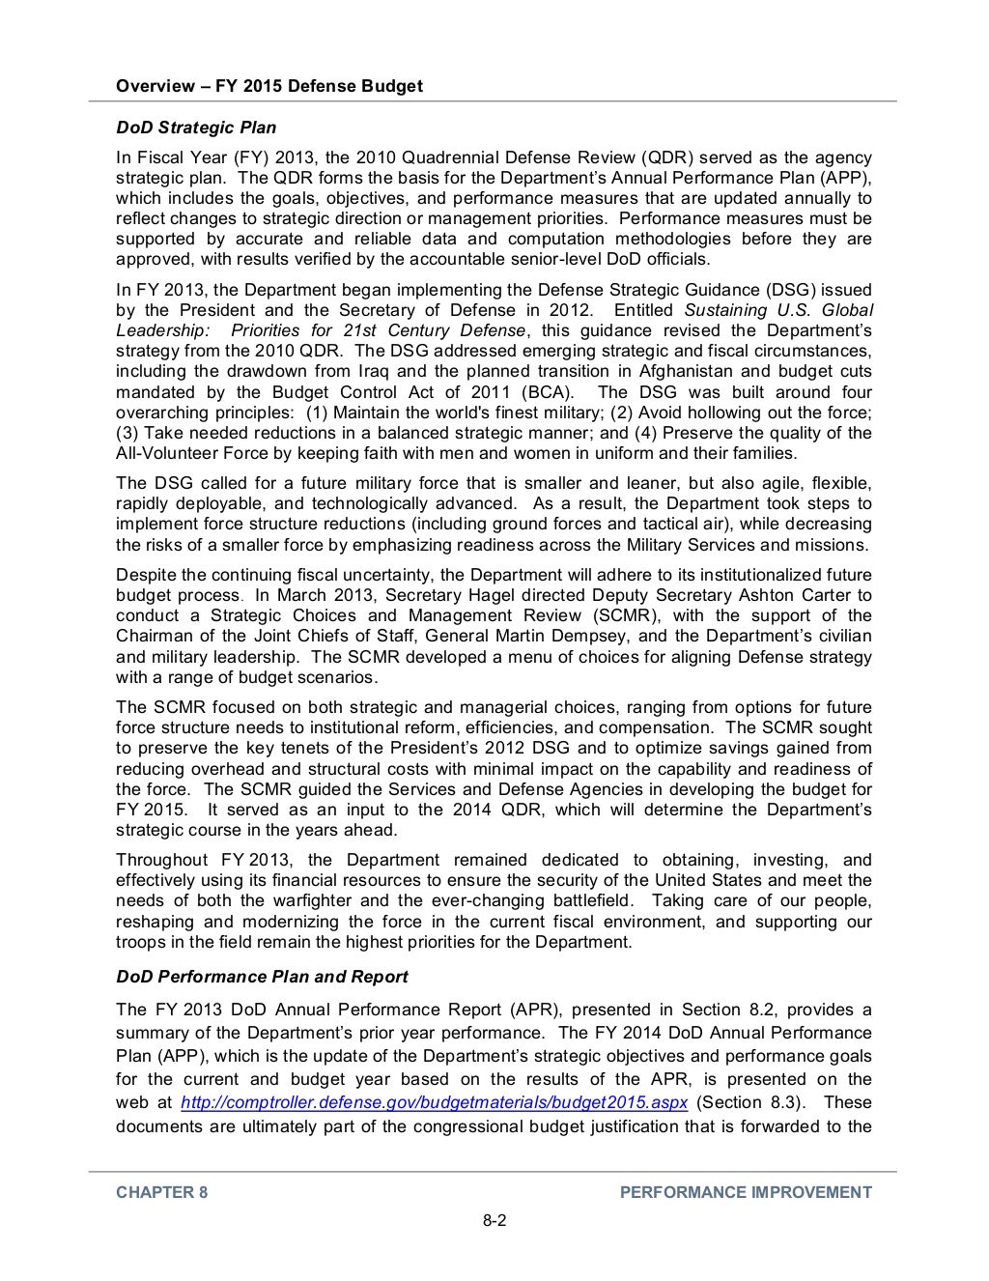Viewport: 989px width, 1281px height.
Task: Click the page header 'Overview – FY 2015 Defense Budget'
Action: point(268,86)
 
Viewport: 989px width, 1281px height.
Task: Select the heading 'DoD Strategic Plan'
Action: point(196,128)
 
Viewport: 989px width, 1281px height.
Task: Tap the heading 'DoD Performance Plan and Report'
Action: point(262,977)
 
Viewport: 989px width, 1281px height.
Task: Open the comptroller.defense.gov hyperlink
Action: point(434,1103)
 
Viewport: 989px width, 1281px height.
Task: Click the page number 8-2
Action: point(494,1220)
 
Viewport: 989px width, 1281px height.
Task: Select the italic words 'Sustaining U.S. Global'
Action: point(778,310)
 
